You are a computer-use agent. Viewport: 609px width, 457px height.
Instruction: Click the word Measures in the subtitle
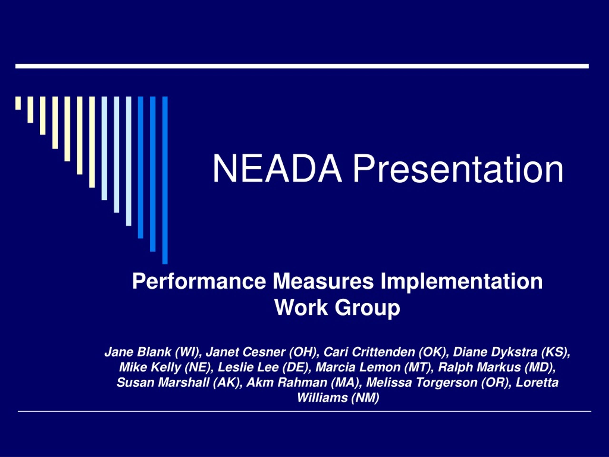tap(323, 281)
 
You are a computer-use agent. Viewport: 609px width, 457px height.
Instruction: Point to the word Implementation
tap(462, 282)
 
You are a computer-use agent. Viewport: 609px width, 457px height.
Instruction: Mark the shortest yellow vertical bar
tap(18, 103)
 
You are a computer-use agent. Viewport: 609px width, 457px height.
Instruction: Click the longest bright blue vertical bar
tap(165, 180)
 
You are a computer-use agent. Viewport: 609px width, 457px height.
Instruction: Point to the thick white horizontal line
tap(302, 66)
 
